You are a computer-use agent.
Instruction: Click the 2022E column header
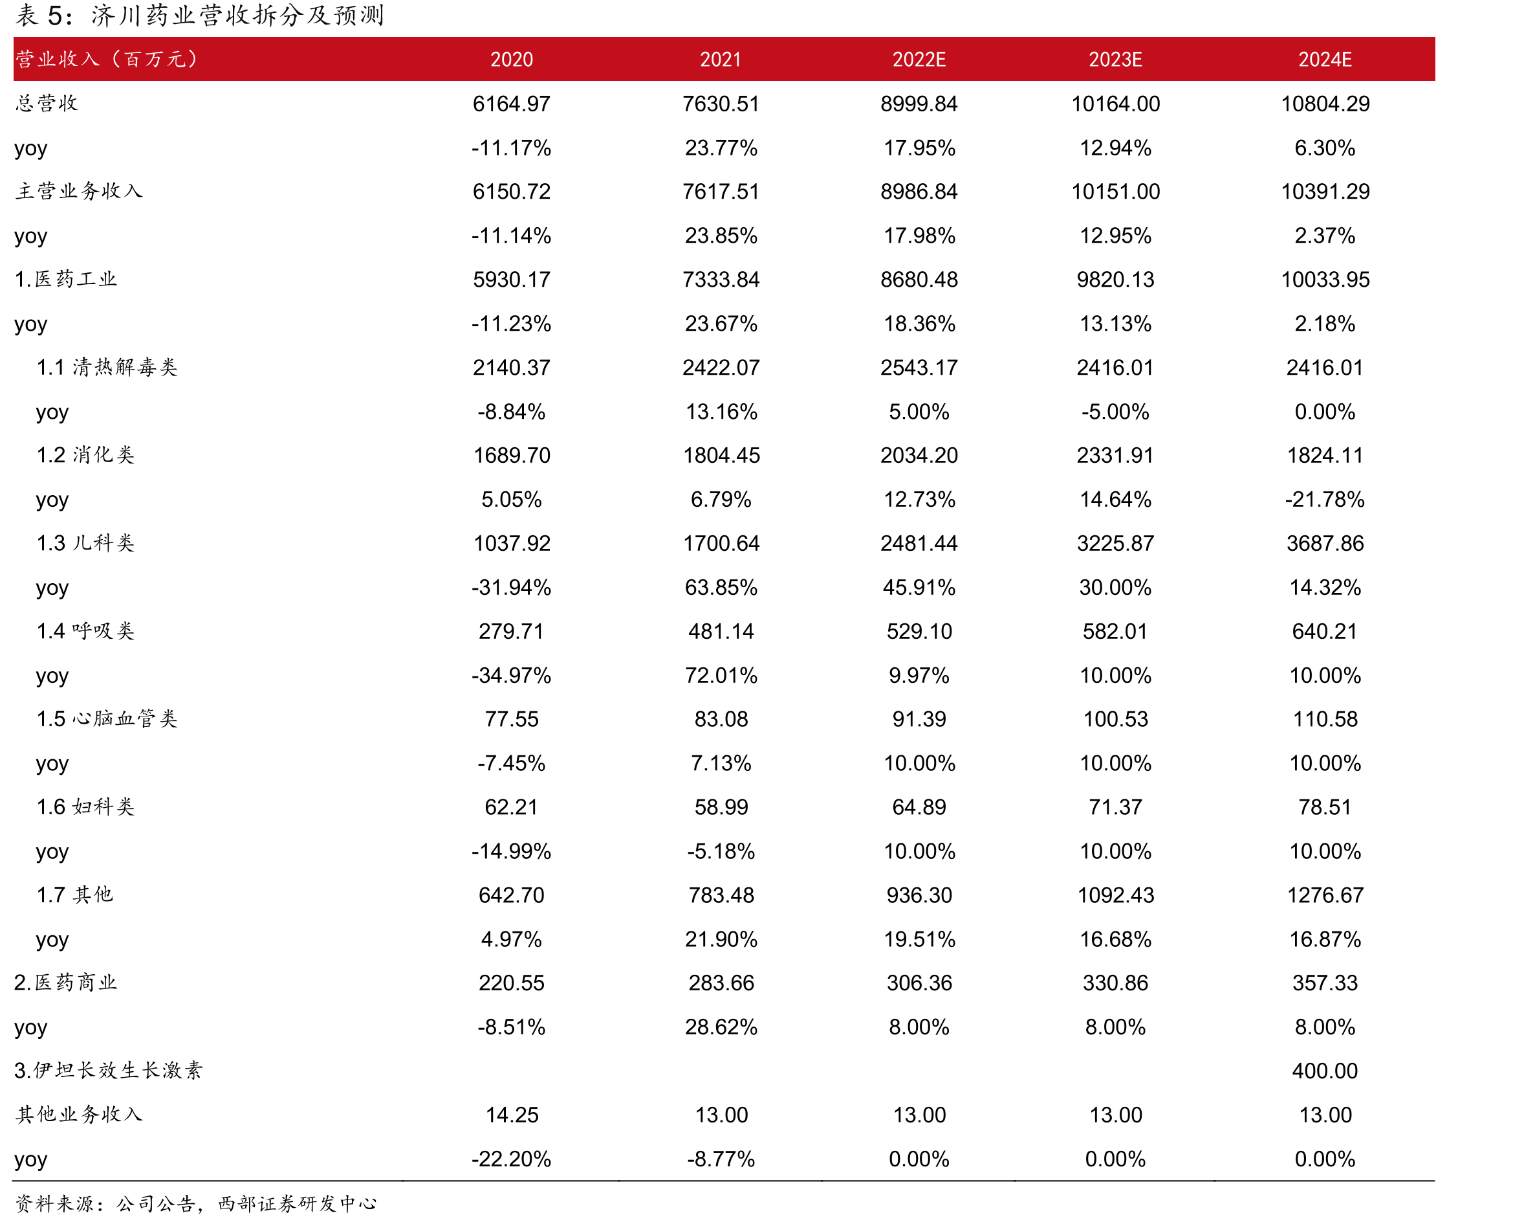click(x=919, y=60)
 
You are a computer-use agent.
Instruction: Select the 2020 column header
click(x=512, y=60)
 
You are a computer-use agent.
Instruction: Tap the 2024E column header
click(x=1325, y=60)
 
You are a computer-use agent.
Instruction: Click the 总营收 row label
click(x=47, y=103)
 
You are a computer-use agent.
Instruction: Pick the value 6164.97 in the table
click(x=512, y=104)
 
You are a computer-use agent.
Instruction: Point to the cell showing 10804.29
click(x=1325, y=104)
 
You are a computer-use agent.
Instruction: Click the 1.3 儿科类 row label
click(x=85, y=543)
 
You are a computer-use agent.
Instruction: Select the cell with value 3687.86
click(x=1325, y=544)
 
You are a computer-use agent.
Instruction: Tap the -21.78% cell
click(x=1325, y=499)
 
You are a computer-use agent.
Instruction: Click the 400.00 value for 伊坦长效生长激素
click(x=1325, y=1071)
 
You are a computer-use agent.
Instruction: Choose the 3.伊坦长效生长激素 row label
click(x=109, y=1071)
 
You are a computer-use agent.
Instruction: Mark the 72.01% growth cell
click(x=721, y=676)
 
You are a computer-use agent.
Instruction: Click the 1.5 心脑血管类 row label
click(x=107, y=718)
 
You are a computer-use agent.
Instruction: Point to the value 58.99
click(x=721, y=807)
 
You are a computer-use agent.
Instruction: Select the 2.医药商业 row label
click(x=65, y=982)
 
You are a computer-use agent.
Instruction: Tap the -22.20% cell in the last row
click(x=512, y=1159)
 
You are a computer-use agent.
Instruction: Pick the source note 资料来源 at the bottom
click(x=196, y=1203)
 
